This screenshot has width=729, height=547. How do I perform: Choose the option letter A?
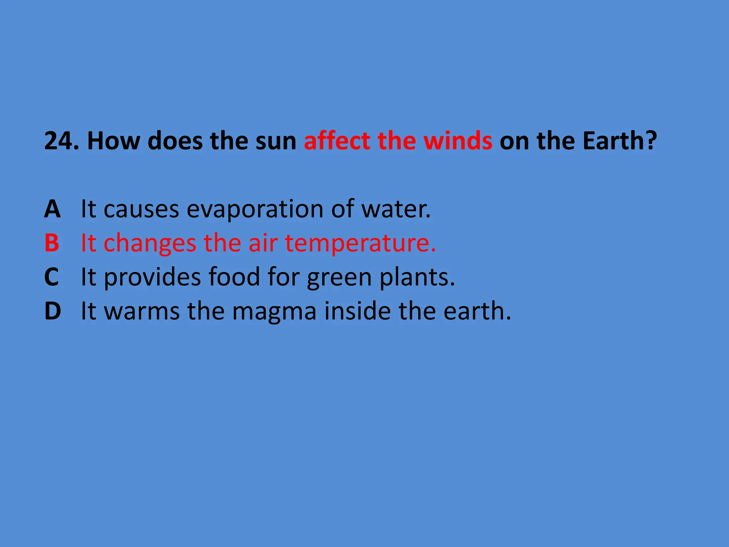pos(52,209)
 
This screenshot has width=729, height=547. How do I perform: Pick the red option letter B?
pos(52,243)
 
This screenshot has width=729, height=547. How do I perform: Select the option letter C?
pos(52,277)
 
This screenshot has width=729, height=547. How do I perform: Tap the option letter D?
pos(53,311)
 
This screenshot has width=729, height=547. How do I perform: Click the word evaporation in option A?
pos(255,209)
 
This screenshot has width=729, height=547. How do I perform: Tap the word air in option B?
pos(263,243)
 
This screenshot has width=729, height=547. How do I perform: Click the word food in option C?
pos(234,277)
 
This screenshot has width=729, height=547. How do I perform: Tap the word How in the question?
pos(114,141)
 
